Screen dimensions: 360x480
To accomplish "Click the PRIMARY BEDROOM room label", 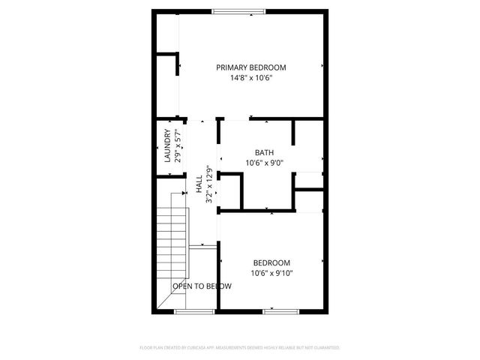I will point(250,67).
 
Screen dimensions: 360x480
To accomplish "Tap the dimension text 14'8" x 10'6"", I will point(250,78).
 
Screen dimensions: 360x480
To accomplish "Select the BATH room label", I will point(265,151).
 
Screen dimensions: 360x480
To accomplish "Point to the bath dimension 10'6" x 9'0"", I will point(265,162).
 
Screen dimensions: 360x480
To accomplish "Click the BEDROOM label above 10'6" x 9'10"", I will point(271,262).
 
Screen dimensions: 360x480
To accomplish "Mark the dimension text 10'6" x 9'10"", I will point(271,273).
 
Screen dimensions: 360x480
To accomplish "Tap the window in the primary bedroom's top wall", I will point(232,10).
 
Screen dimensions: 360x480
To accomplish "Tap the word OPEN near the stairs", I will point(180,286).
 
